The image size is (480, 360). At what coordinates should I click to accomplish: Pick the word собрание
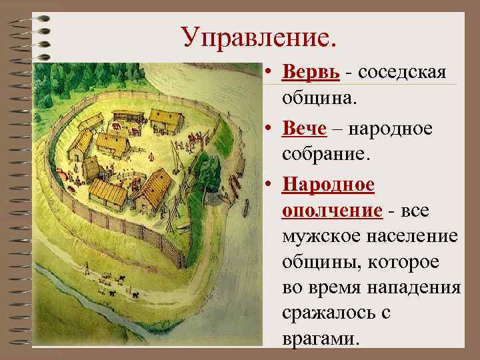326,155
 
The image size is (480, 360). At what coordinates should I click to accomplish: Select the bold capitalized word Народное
328,183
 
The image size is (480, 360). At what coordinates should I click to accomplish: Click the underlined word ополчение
332,211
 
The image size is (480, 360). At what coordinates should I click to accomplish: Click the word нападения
419,289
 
